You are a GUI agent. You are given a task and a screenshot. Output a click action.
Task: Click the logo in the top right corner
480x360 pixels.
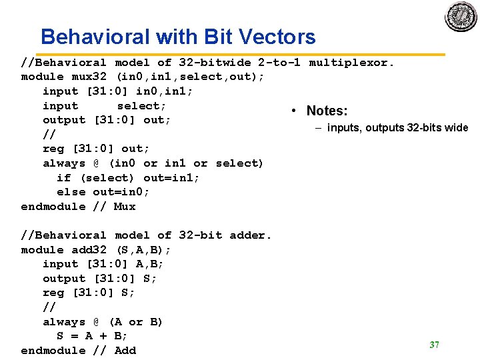pos(461,15)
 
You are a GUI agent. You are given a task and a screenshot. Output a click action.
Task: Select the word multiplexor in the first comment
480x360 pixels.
pos(352,63)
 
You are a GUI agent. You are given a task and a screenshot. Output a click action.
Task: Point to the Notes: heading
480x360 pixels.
pos(327,111)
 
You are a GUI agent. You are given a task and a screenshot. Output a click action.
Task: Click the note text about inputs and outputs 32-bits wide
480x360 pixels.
pos(397,128)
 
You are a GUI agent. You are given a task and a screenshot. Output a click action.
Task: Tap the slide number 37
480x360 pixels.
pos(435,345)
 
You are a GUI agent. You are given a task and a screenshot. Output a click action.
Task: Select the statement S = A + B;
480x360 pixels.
pos(92,336)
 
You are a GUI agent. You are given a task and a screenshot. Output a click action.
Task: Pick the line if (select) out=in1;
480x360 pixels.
pos(128,178)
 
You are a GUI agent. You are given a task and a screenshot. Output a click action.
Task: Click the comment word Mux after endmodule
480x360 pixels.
pos(124,207)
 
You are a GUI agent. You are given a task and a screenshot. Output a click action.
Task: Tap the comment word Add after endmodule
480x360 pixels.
pos(125,351)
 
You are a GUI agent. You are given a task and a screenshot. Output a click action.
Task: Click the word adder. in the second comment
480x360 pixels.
pos(251,235)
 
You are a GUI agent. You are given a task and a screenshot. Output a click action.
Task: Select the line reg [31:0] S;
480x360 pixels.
pos(89,293)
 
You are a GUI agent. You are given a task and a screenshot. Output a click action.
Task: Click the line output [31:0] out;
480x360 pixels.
pos(107,120)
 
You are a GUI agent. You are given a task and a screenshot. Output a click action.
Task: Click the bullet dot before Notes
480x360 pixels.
pos(295,111)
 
